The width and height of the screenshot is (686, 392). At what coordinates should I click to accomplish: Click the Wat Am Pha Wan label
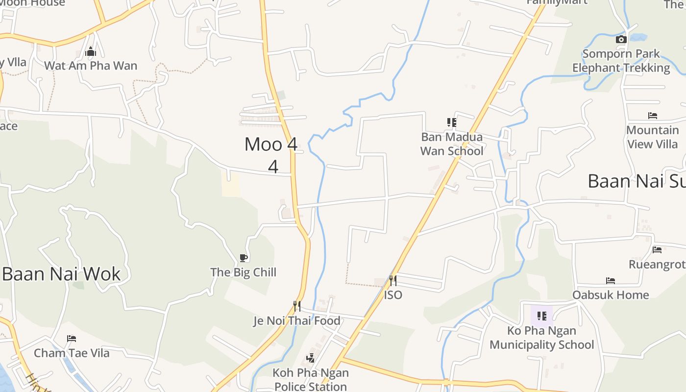tap(91, 66)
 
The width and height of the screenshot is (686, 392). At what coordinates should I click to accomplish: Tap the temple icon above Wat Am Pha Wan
tap(91, 52)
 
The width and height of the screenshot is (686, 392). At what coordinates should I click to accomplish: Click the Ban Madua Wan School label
tap(452, 144)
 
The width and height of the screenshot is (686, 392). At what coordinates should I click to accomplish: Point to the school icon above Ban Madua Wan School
tap(452, 122)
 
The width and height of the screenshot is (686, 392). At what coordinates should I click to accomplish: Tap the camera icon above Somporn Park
tap(621, 40)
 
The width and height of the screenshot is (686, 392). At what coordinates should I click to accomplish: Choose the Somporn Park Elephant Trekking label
tap(621, 61)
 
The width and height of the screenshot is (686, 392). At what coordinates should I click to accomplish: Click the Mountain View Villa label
tap(653, 137)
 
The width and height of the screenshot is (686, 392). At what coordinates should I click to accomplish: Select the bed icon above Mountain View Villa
tap(653, 116)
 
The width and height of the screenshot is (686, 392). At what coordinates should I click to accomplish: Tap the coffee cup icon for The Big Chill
tap(244, 258)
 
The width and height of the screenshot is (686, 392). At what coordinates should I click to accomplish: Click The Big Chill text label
tap(244, 272)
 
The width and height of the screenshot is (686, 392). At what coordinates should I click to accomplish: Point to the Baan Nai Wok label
tap(61, 274)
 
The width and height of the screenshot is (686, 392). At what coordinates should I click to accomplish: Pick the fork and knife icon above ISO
tap(393, 281)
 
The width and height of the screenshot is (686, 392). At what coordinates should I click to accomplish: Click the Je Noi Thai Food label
tap(297, 321)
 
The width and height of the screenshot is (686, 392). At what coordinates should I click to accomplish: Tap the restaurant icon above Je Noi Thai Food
tap(297, 306)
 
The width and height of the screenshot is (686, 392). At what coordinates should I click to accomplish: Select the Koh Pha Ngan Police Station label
tap(311, 379)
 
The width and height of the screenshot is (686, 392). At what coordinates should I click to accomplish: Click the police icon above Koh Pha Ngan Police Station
tap(311, 358)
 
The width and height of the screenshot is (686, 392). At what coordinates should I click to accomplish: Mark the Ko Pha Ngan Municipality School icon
tap(542, 316)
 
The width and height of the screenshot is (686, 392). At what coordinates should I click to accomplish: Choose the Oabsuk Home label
tap(611, 295)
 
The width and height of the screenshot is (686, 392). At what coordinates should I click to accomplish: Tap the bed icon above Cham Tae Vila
tap(72, 339)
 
